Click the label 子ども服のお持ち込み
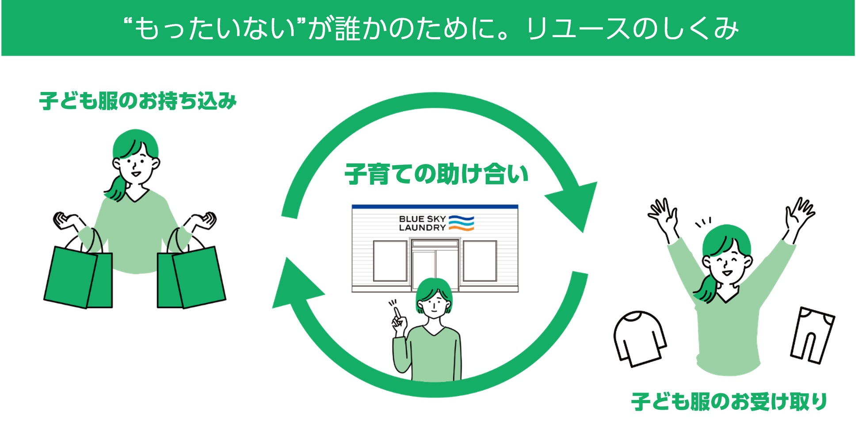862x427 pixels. [138, 101]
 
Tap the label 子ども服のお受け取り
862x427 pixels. [729, 402]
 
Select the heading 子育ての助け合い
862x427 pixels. [436, 174]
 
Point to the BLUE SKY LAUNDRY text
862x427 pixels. [422, 223]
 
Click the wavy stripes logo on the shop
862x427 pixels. [461, 223]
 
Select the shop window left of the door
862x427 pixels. [390, 261]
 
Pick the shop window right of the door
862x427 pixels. [480, 261]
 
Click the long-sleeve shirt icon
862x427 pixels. [639, 338]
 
